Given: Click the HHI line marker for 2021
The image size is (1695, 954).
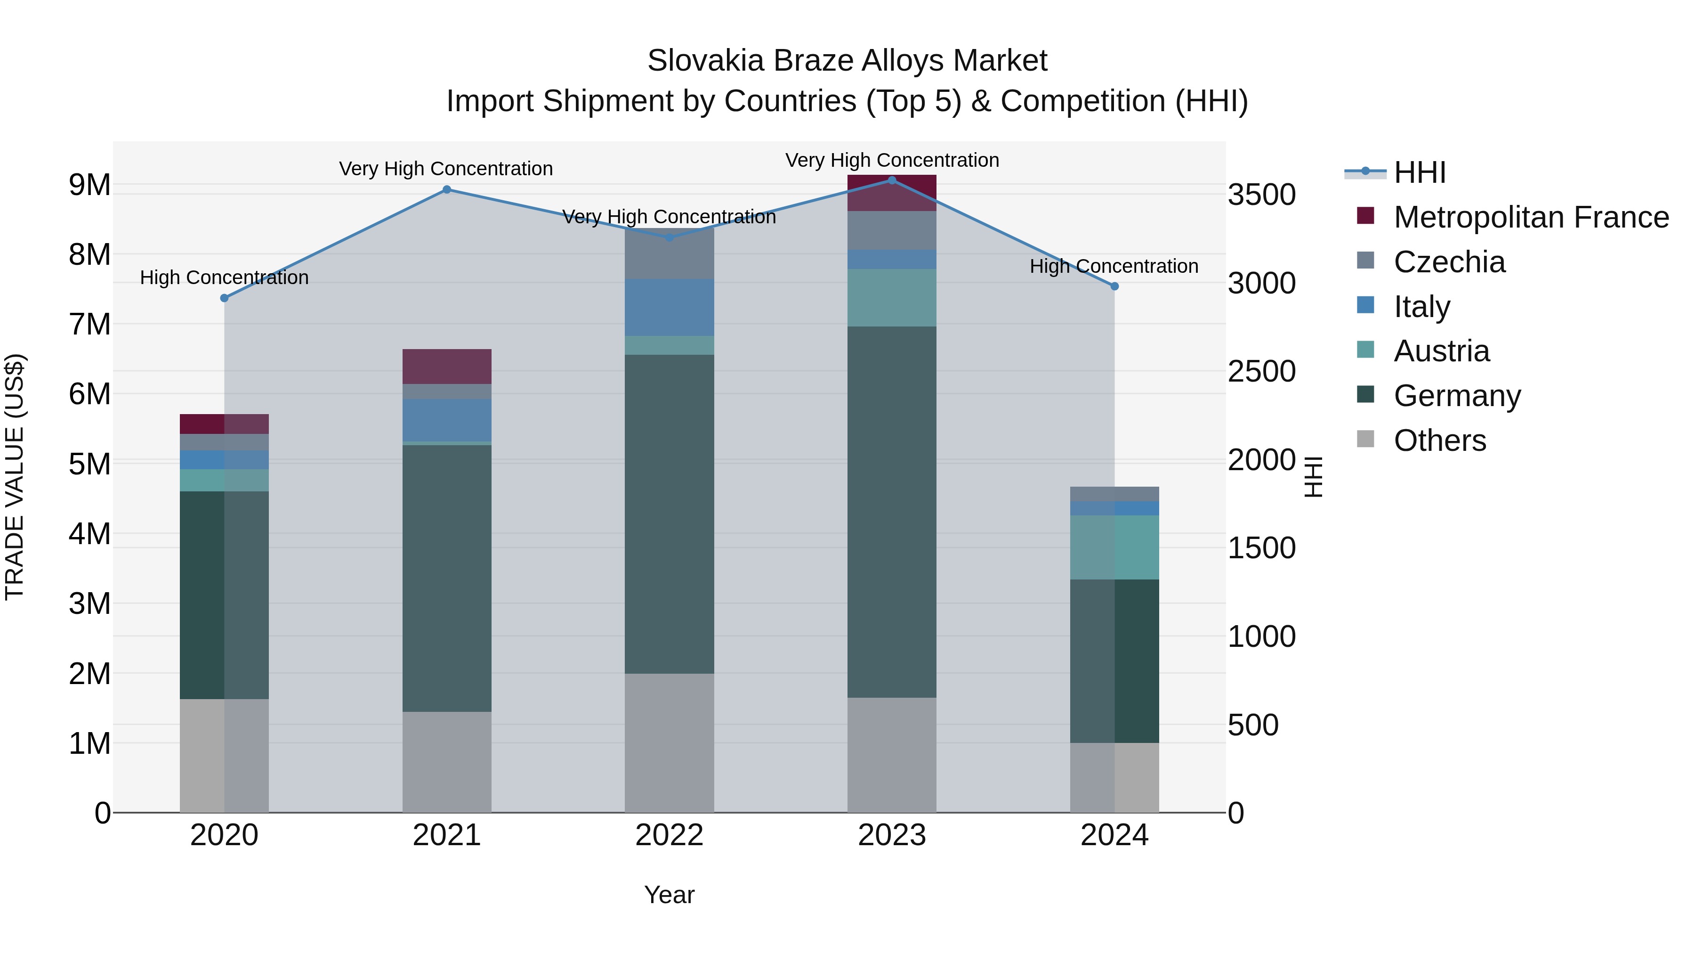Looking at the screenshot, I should point(447,189).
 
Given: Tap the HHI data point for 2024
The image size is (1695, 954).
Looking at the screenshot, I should point(1114,286).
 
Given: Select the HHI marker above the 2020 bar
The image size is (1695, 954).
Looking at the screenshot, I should point(225,298).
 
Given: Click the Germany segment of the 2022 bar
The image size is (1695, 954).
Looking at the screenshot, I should point(669,514).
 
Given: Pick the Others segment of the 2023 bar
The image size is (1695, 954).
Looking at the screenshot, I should point(892,755).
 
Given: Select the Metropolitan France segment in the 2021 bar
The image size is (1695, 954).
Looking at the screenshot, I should point(447,366).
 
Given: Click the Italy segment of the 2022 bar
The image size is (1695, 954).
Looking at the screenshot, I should point(669,308).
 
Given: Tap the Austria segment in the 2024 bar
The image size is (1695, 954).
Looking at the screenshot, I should point(1114,547).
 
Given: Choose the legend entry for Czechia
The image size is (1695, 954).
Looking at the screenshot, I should point(1449,262).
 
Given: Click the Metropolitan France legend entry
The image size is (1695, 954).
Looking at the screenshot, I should point(1531,217).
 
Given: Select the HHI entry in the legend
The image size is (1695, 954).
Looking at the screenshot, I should point(1419,172).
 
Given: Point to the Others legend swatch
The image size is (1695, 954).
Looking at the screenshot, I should point(1366,439).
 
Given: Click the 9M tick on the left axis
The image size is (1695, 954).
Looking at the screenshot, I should point(90,185).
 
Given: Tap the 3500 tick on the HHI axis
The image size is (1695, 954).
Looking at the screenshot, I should point(1262,195).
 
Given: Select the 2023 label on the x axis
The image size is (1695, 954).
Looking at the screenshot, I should point(892,835).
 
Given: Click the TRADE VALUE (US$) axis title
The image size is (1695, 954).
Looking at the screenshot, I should point(15,477).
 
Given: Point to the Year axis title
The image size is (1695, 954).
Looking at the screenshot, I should point(669,895).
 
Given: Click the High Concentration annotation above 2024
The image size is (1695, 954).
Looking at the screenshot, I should point(1114,266).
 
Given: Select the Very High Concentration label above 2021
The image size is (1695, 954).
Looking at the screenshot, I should point(446,169).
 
